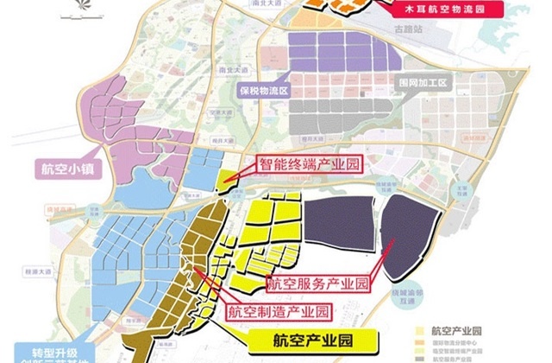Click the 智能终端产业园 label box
(x=308, y=162)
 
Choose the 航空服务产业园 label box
(x=318, y=283)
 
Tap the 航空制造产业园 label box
(x=267, y=308)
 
